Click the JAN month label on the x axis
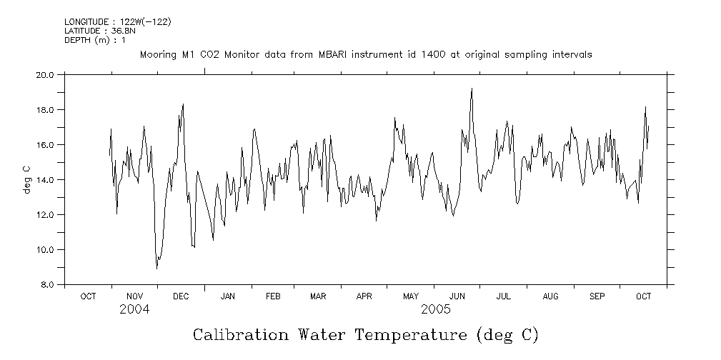[228, 296]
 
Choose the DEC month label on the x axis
[181, 296]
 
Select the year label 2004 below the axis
[134, 309]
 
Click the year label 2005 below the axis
[436, 309]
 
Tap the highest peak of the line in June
[472, 89]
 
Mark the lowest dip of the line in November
[156, 268]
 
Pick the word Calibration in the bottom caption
[241, 335]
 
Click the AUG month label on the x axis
[550, 296]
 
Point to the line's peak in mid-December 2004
[183, 104]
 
